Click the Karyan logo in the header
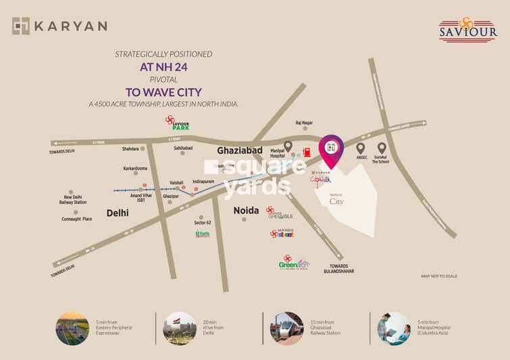point(59,26)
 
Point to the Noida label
point(246,211)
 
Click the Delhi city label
point(118,213)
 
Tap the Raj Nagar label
point(305,123)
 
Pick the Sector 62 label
point(203,222)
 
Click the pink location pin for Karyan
point(330,151)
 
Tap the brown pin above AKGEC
point(361,148)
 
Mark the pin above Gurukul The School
point(382,148)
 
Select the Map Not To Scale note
point(439,276)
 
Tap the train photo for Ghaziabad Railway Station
point(286,329)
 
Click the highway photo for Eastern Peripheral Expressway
point(72,329)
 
